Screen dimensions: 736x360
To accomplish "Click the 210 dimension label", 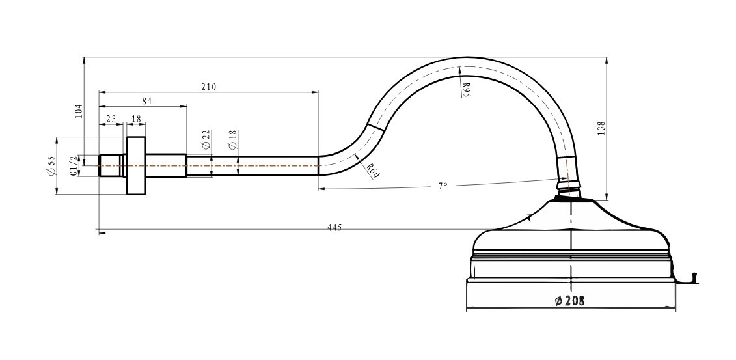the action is (208, 87).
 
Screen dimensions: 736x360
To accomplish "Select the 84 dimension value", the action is (147, 101).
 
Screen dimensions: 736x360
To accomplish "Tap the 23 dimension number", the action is (111, 119).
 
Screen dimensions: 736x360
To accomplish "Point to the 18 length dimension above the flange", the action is (136, 119).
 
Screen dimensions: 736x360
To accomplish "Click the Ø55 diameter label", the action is (51, 166).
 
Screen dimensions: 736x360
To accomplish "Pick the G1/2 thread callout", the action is (74, 166).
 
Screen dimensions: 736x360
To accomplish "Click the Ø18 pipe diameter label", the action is (233, 140).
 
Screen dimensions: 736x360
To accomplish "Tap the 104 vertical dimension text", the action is (78, 111).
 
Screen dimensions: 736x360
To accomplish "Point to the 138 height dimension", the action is (601, 128).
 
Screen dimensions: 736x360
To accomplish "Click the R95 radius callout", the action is (466, 89).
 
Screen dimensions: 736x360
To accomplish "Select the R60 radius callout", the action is (372, 171).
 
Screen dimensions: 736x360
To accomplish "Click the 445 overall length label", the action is (334, 228).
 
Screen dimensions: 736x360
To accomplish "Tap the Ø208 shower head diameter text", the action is (569, 301).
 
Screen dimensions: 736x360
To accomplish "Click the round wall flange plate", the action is (136, 166).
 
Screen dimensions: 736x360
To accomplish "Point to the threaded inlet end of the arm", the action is (111, 166).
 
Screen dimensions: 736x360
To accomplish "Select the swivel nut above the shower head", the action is (569, 186).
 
